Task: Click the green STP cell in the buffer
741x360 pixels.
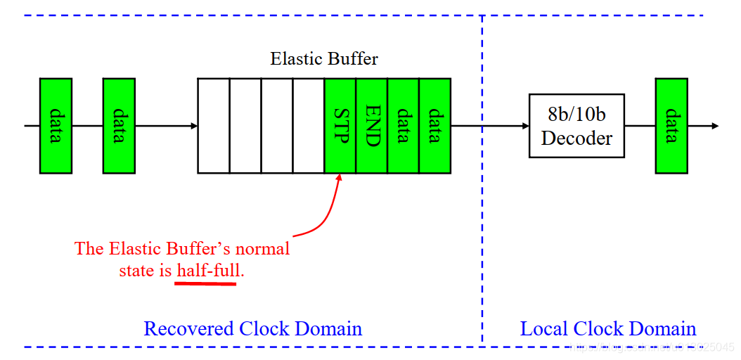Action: [340, 126]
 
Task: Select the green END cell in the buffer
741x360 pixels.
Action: [372, 126]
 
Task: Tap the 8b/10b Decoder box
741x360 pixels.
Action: [576, 126]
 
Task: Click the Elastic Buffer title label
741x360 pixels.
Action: [324, 58]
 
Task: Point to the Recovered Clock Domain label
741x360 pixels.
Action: [252, 328]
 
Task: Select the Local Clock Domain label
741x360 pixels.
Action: [607, 328]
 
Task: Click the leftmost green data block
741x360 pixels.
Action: [56, 126]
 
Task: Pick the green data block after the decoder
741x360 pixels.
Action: [671, 126]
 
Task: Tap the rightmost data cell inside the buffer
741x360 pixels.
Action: [434, 126]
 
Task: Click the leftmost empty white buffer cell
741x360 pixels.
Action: [214, 126]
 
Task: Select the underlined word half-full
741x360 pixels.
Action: [207, 271]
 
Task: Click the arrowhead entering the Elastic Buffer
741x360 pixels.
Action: [193, 126]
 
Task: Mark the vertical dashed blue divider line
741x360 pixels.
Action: [482, 211]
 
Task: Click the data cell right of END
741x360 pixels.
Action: [403, 126]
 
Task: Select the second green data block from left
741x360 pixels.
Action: [119, 126]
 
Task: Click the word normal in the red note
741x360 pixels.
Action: [263, 249]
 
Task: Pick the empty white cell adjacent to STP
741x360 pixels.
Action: [308, 126]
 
